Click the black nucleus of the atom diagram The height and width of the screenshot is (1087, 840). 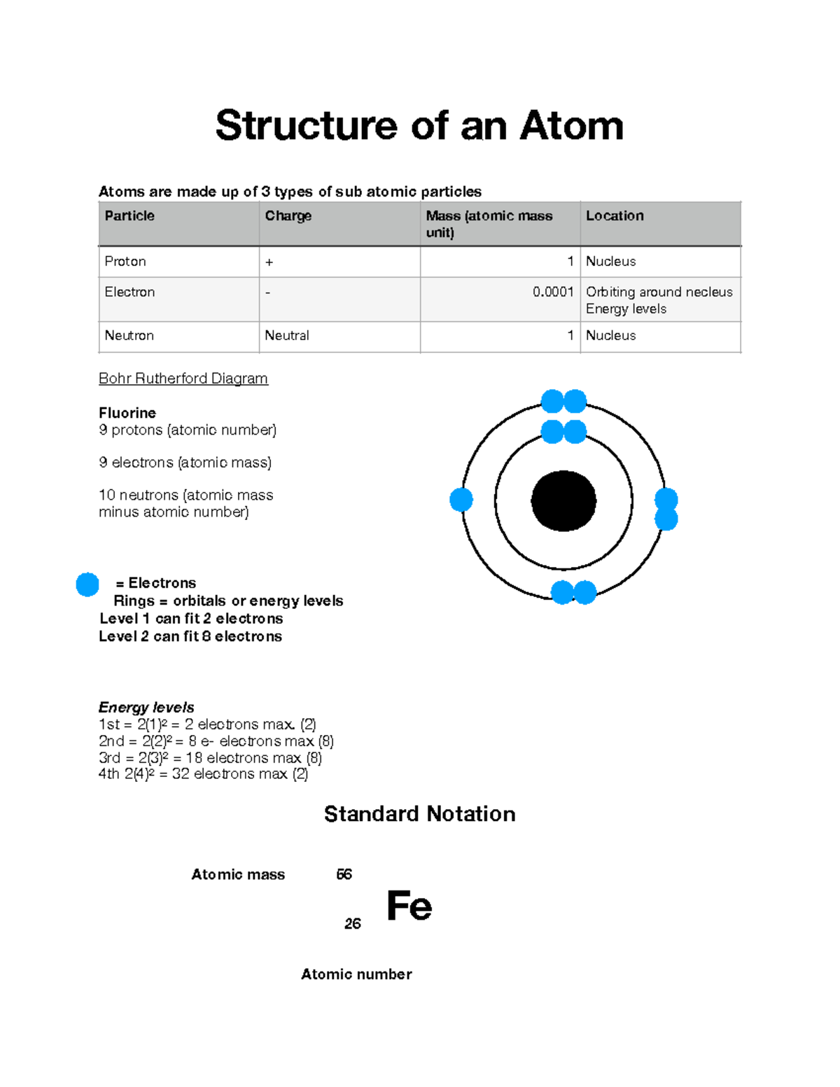click(563, 500)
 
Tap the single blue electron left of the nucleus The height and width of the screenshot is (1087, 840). click(461, 500)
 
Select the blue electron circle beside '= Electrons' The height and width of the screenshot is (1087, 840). click(87, 584)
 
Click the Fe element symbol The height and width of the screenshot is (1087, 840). click(409, 906)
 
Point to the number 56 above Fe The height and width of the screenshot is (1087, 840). click(344, 874)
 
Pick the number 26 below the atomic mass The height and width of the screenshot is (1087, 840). click(353, 924)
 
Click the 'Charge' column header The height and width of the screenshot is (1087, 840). click(288, 216)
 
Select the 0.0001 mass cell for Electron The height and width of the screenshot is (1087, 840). click(553, 292)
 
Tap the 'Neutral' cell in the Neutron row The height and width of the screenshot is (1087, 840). click(287, 335)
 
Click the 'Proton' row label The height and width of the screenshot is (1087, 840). click(125, 261)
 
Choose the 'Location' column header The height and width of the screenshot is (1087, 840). click(615, 216)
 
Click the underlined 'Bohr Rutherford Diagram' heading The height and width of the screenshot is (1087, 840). click(183, 379)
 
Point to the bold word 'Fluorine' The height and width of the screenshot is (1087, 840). click(127, 413)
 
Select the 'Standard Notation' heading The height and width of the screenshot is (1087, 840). click(419, 814)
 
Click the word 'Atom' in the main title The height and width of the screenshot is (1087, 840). click(571, 126)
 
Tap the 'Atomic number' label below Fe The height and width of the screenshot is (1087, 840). click(356, 974)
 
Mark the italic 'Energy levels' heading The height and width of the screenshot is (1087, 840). click(146, 707)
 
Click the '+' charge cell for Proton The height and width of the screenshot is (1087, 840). click(269, 262)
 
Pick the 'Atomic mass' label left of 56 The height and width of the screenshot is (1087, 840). click(238, 874)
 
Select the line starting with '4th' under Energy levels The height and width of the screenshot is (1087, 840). click(203, 774)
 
